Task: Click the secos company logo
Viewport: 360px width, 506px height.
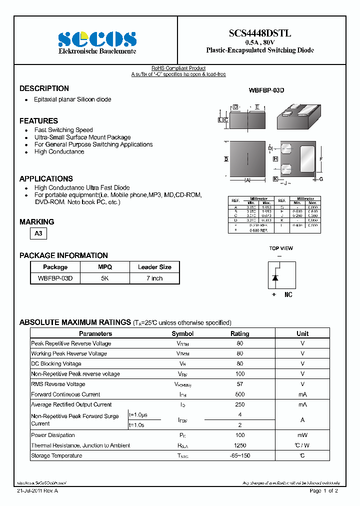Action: [97, 39]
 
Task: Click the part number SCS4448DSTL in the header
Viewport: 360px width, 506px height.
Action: [260, 33]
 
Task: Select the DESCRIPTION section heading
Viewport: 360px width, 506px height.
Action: [44, 88]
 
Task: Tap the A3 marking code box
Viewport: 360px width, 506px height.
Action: [38, 233]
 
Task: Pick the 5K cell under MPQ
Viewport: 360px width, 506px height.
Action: [104, 278]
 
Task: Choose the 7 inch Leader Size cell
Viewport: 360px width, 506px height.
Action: [154, 278]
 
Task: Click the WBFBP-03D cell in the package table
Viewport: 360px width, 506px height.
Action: [55, 278]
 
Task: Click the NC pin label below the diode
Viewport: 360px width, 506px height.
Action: [288, 295]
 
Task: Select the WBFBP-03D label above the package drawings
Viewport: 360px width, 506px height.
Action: [266, 90]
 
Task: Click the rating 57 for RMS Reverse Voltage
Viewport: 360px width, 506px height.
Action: [240, 384]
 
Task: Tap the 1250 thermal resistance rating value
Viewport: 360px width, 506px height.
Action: [240, 445]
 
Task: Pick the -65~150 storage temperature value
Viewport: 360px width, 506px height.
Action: [240, 455]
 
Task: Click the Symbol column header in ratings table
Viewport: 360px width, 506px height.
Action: [182, 333]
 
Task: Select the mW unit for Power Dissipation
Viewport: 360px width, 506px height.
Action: [302, 435]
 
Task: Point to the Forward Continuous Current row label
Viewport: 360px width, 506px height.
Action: [65, 394]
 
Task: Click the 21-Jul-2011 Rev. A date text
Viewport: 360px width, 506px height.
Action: [37, 491]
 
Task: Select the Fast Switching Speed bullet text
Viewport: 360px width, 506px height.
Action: [63, 130]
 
